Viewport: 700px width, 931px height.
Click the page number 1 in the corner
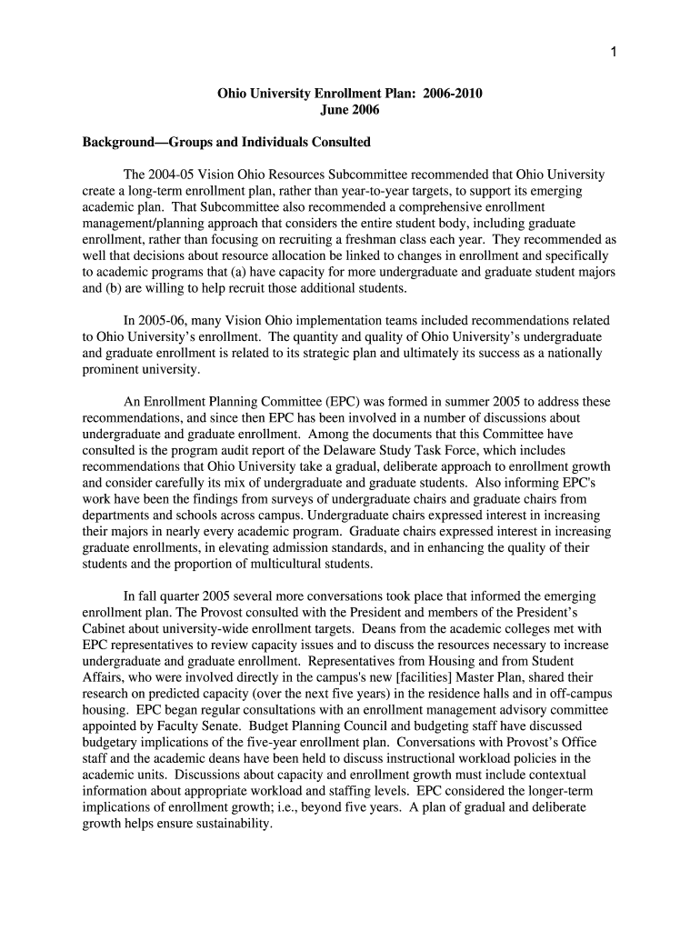tap(614, 51)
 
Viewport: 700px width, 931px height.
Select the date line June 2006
tap(350, 110)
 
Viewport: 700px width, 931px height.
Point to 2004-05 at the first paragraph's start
tap(178, 175)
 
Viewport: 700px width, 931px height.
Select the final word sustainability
tap(232, 824)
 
